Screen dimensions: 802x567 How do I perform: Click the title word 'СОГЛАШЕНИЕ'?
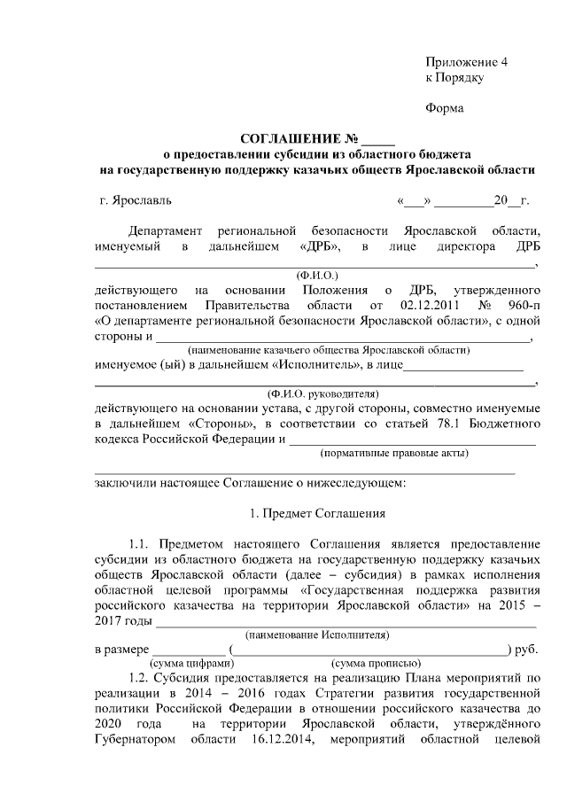(x=291, y=138)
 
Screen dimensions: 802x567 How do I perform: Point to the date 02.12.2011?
(x=404, y=306)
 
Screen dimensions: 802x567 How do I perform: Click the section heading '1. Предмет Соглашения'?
(x=315, y=513)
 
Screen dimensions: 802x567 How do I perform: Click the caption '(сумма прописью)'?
(x=375, y=663)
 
